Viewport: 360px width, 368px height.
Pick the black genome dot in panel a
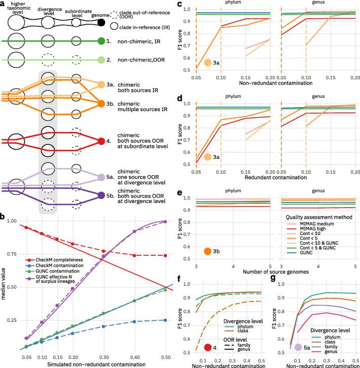pyautogui.click(x=101, y=22)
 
